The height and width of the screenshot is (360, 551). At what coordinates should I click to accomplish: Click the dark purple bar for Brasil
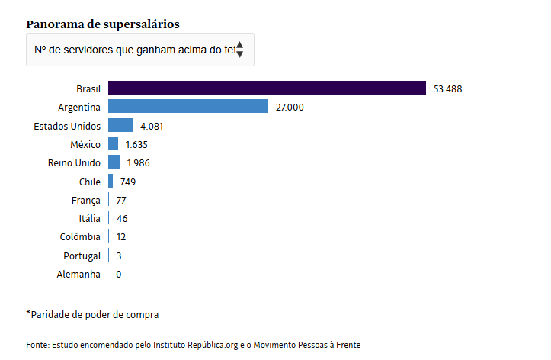[267, 88]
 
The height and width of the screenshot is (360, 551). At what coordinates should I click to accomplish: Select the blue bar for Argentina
[188, 107]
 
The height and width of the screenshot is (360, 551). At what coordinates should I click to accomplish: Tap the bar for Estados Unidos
[120, 125]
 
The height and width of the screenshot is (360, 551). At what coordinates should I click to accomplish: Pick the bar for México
[113, 144]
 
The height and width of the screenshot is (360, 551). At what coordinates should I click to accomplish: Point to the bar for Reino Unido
[114, 162]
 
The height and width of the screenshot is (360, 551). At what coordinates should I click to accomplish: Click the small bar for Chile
[111, 182]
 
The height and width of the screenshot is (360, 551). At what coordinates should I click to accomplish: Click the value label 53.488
[447, 89]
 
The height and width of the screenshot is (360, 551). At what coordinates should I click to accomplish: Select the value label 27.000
[290, 108]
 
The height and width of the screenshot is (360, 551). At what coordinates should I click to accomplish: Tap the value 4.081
[152, 126]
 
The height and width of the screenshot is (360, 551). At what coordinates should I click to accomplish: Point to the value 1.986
[139, 163]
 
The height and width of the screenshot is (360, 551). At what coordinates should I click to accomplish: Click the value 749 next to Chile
[127, 182]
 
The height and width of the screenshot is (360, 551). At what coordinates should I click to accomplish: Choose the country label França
[85, 200]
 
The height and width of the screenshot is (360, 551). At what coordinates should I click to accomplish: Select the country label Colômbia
[80, 237]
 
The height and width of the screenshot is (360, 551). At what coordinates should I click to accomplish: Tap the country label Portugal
[82, 256]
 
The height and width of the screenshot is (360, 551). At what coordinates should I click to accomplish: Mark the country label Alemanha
[78, 274]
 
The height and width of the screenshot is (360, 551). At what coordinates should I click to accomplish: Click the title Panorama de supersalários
[103, 24]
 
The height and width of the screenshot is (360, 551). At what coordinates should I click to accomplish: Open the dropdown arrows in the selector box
[240, 50]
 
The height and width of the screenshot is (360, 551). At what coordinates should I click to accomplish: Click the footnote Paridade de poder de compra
[94, 314]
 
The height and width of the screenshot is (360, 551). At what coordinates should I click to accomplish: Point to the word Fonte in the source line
[37, 346]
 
